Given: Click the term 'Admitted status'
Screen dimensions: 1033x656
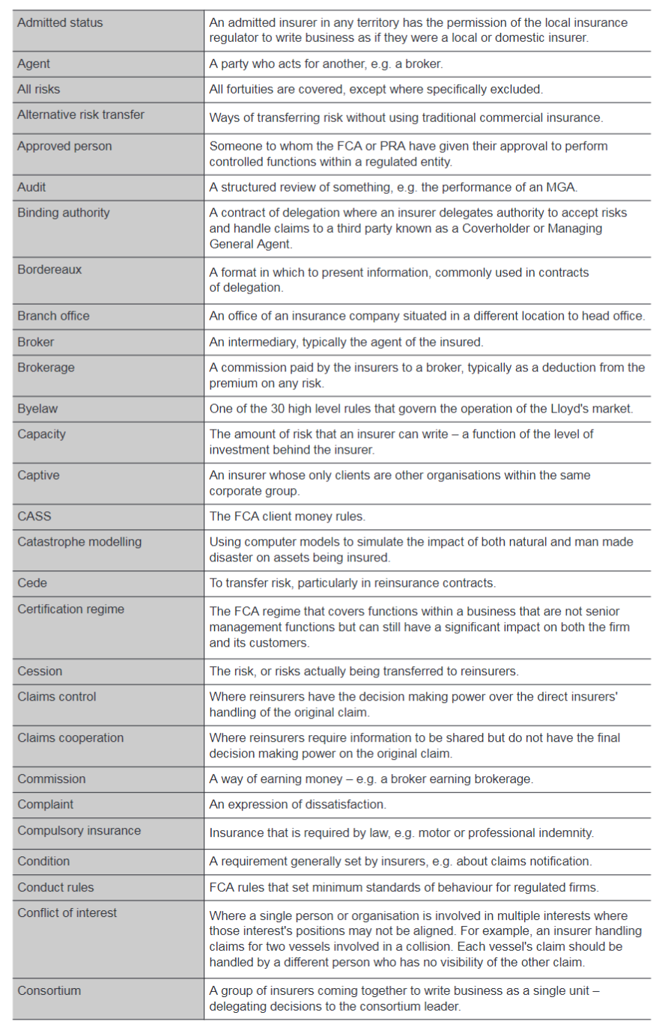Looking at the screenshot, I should (60, 22).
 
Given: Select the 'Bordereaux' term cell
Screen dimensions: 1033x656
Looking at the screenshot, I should (49, 269).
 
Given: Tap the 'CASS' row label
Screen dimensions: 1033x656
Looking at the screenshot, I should (34, 516).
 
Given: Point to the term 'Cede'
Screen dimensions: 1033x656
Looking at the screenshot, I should (32, 583).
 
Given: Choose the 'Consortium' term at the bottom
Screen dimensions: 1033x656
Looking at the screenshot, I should (49, 990).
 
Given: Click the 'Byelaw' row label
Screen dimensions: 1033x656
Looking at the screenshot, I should (37, 409).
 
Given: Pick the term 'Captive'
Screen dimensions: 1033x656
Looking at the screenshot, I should (38, 475).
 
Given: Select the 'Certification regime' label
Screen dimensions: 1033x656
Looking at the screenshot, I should (71, 609).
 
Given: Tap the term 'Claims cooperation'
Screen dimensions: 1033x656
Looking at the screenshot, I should (70, 738).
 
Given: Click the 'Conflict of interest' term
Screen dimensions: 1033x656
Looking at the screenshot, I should (67, 913).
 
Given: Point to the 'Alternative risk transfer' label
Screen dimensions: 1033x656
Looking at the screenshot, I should (81, 115).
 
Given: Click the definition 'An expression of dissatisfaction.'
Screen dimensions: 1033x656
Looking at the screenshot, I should (297, 805).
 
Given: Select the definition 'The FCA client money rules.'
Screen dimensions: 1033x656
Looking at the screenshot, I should (287, 516).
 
